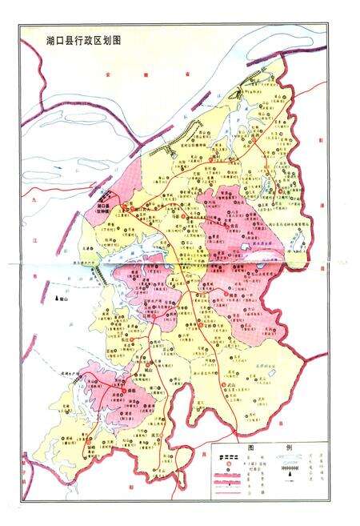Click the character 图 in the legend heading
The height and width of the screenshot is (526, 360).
click(x=250, y=448)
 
